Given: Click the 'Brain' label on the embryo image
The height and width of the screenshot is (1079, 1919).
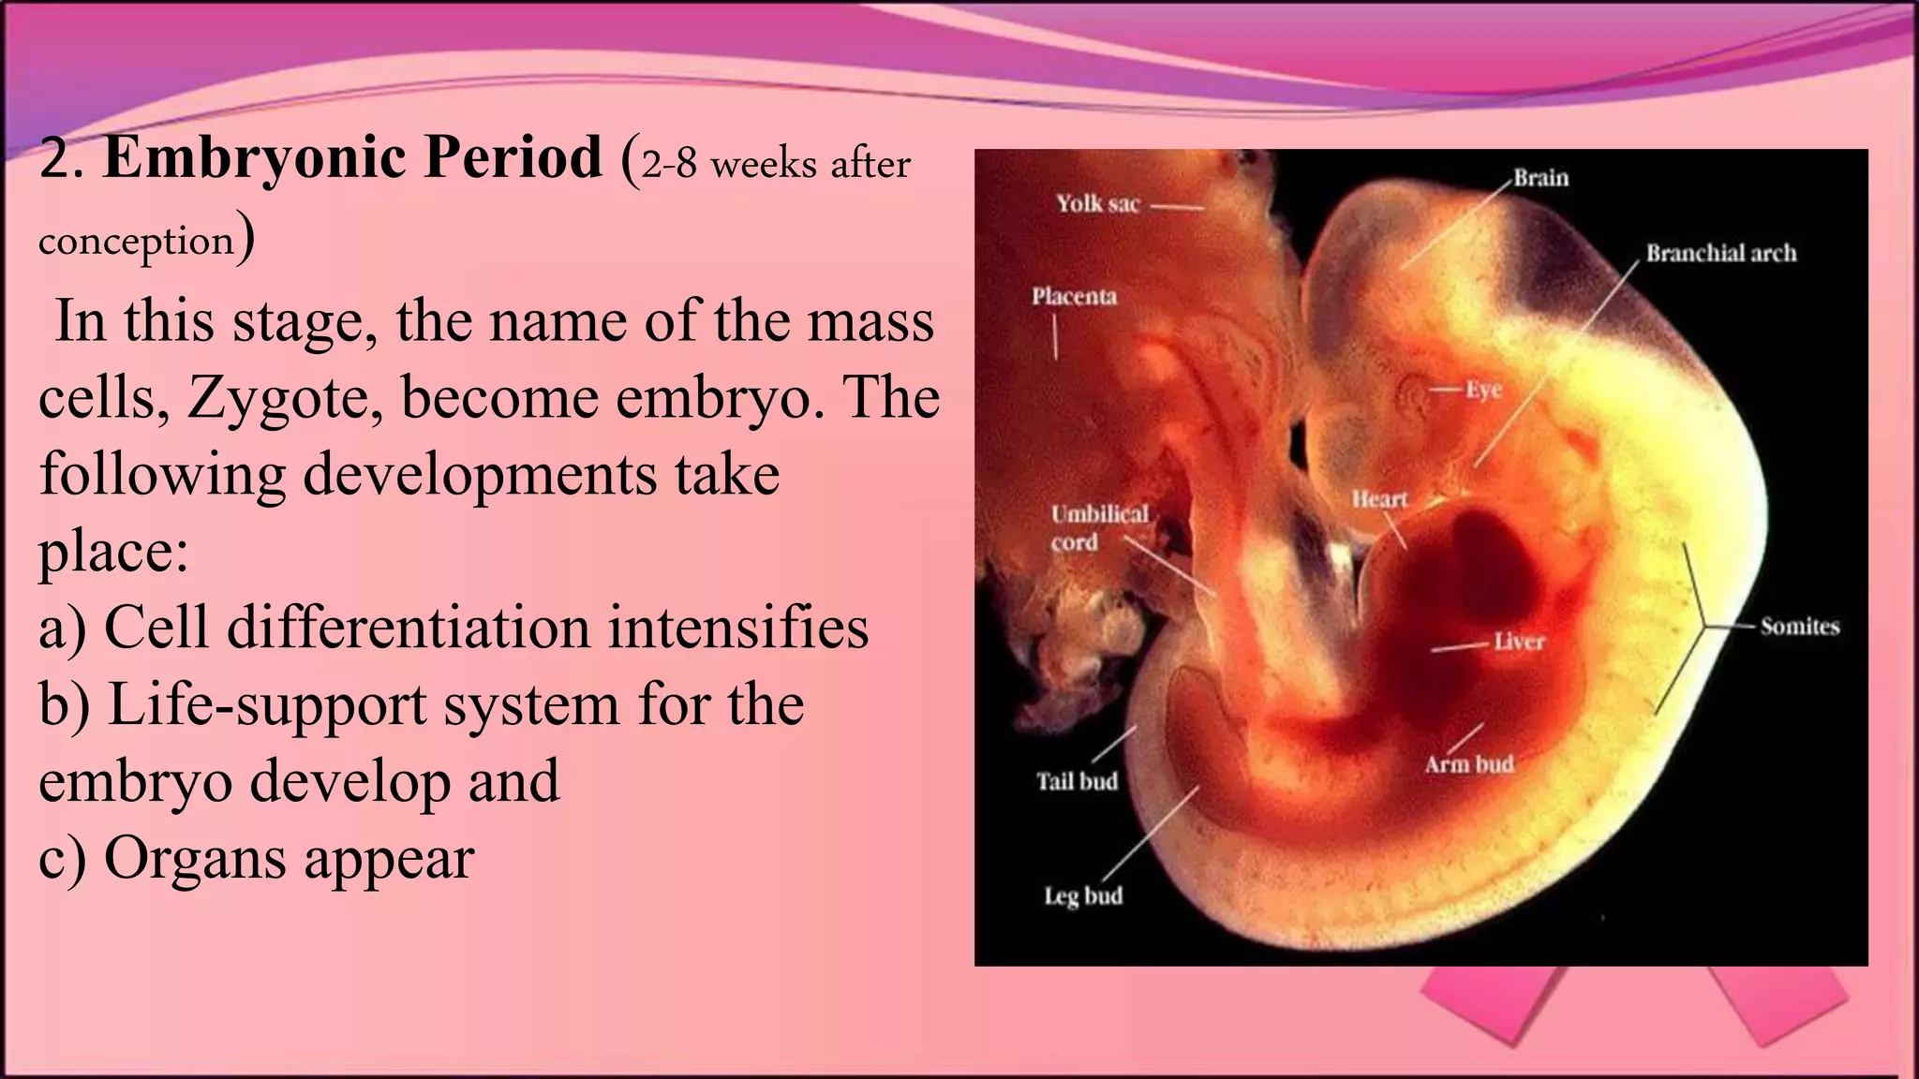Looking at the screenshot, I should tap(1540, 178).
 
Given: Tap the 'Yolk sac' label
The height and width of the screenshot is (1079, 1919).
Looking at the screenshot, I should tap(1097, 203).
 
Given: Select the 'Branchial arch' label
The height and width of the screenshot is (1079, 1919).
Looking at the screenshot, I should tap(1721, 253).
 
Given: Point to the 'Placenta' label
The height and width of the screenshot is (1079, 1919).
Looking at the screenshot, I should tap(1074, 297).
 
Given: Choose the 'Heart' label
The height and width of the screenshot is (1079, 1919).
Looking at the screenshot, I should tap(1379, 499).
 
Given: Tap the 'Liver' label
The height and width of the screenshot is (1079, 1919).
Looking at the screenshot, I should tap(1518, 642).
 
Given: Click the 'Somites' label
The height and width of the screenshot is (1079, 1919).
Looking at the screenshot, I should tap(1799, 627).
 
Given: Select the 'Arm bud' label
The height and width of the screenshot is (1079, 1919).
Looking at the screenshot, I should tap(1468, 764).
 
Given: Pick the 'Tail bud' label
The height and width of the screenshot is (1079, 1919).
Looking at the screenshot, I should tap(1077, 781).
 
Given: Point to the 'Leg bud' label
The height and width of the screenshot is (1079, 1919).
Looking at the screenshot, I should tap(1083, 896).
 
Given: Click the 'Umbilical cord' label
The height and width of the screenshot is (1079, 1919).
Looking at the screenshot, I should tap(1098, 527).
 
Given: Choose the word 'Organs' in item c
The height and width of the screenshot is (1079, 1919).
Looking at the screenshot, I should tap(196, 858).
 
